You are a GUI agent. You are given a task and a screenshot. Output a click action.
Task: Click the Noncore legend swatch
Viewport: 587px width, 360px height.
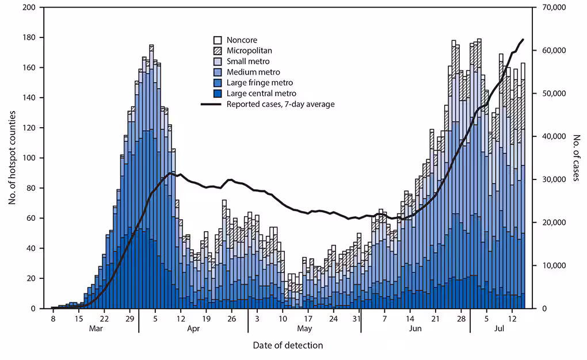(x=218, y=40)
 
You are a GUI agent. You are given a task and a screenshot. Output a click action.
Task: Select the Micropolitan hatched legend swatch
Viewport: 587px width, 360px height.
(x=218, y=51)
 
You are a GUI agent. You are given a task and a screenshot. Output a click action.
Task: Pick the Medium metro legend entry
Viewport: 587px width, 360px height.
(x=253, y=72)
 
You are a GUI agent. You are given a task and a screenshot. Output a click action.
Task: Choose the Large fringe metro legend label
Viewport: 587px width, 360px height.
(x=260, y=83)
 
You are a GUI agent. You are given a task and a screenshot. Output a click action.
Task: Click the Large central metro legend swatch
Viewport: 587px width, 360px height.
(x=218, y=93)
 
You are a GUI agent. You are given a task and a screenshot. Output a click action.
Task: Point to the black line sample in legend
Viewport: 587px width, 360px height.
(x=211, y=104)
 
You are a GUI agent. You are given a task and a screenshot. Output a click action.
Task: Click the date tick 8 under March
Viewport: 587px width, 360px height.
(x=52, y=317)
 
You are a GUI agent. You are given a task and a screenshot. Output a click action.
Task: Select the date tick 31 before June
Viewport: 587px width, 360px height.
(x=356, y=317)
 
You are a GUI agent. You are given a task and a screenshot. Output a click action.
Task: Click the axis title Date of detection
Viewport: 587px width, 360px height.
(x=288, y=345)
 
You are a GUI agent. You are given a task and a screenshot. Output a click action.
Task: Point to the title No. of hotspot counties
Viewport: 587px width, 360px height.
(x=11, y=158)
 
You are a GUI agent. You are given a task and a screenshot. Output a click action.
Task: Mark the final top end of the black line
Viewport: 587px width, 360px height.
(x=523, y=40)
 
